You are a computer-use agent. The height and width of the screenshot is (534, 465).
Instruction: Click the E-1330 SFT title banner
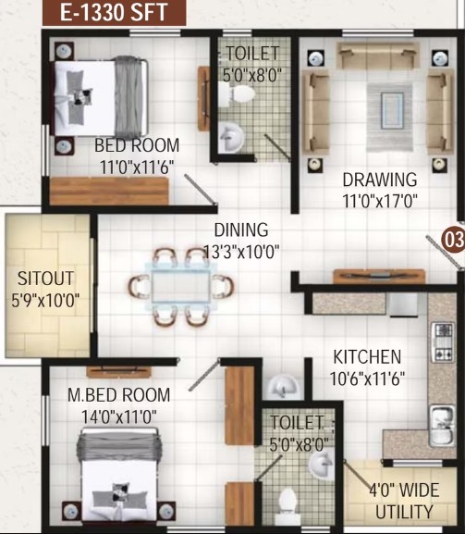115,12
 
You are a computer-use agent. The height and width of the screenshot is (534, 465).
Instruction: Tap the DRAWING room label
380,180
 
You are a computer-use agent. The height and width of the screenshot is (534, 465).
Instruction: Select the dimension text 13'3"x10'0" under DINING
241,252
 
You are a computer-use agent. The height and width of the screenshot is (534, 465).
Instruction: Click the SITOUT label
45,279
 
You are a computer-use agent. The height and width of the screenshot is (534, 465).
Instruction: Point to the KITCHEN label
367,357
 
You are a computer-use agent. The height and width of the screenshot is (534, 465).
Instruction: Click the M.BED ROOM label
118,395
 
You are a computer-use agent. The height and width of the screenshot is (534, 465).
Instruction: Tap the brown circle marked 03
453,239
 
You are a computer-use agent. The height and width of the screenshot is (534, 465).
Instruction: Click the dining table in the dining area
181,286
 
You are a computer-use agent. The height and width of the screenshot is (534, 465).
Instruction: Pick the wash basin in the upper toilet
230,138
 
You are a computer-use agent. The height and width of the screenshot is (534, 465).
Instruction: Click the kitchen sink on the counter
442,426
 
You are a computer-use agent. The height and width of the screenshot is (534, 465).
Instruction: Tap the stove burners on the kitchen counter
442,342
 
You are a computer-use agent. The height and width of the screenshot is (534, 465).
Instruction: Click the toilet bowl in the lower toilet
287,506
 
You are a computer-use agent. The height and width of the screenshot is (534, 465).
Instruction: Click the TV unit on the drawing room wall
379,276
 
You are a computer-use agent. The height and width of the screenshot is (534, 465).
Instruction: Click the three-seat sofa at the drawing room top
378,56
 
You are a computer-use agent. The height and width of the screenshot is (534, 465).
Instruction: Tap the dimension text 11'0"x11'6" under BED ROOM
137,168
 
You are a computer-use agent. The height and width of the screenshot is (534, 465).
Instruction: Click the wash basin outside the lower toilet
282,387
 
